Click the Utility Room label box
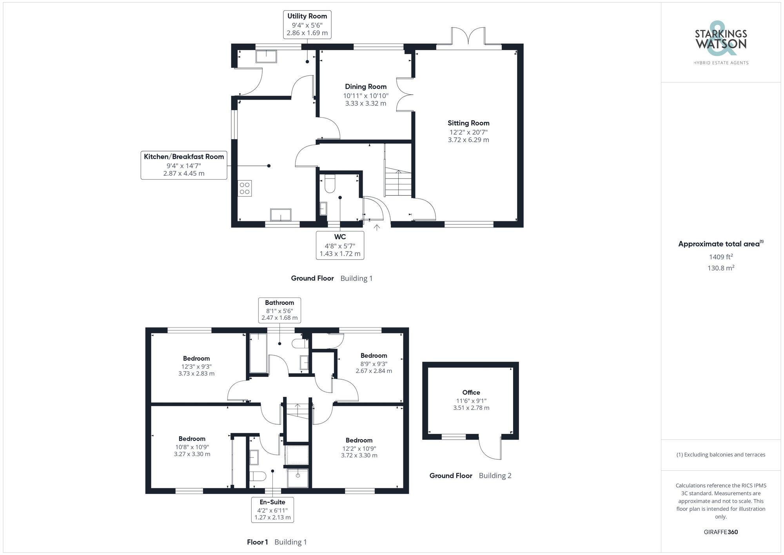(307, 25)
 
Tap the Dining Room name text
(365, 87)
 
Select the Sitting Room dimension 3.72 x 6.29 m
(468, 140)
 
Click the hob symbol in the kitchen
(245, 188)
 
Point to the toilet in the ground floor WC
(329, 184)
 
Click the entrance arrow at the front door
(377, 227)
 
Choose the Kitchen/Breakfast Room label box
(184, 165)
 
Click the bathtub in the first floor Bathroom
(258, 353)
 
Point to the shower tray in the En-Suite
(298, 477)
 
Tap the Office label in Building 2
(471, 393)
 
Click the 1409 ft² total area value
(720, 257)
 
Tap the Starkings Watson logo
(720, 41)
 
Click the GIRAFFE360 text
(720, 532)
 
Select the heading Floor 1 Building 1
(277, 542)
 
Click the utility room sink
(266, 56)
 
